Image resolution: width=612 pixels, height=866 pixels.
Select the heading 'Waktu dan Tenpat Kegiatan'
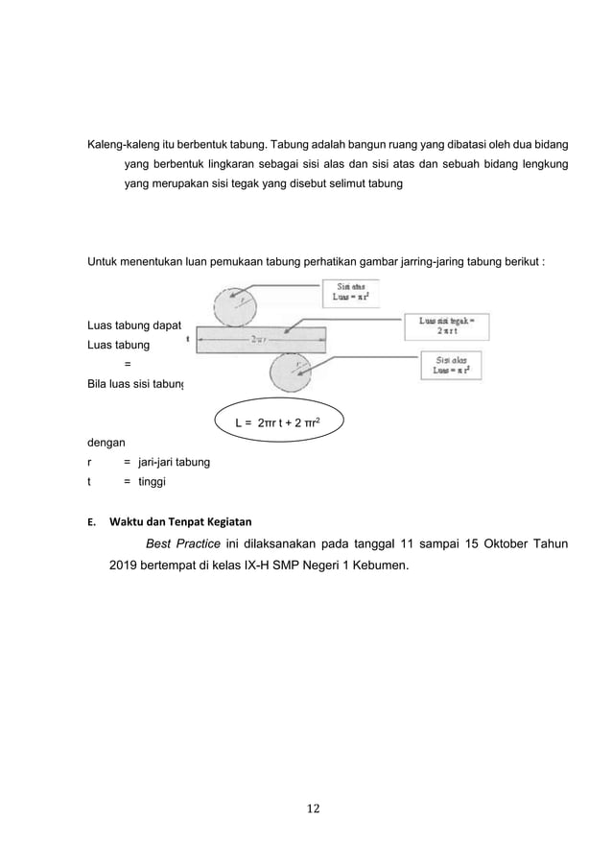click(179, 522)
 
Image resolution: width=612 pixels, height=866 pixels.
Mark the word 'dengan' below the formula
click(106, 444)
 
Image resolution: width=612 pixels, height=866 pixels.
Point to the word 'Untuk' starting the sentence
click(104, 261)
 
